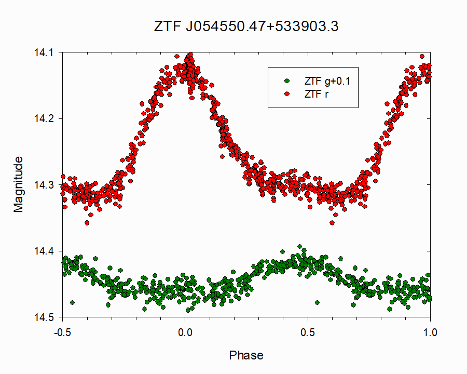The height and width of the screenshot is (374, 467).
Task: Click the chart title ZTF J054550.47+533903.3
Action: (246, 26)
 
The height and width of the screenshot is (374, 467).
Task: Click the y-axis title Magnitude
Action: (19, 184)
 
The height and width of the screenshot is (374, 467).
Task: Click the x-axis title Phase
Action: (246, 356)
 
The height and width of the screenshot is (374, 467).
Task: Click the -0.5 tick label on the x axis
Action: (62, 332)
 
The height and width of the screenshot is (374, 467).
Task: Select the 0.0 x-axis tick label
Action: (185, 332)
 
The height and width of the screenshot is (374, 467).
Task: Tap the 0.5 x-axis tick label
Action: (308, 332)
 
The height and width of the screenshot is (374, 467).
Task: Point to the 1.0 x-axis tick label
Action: (430, 332)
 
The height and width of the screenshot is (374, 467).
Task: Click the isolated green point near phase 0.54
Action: (317, 302)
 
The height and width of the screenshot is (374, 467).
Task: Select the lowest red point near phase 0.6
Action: (332, 223)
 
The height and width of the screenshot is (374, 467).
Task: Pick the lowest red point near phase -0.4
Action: (87, 223)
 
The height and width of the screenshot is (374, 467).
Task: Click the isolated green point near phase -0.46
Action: (72, 302)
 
